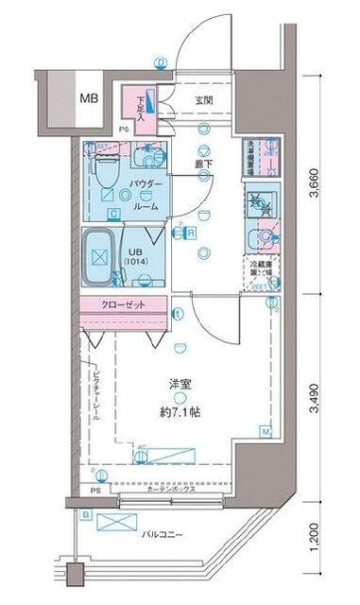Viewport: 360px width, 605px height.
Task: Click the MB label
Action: tap(88, 97)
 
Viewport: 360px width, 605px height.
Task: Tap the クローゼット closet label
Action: tap(125, 304)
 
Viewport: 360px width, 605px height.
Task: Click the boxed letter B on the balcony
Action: tap(86, 513)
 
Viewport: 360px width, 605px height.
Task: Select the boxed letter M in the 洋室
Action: tap(266, 434)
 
